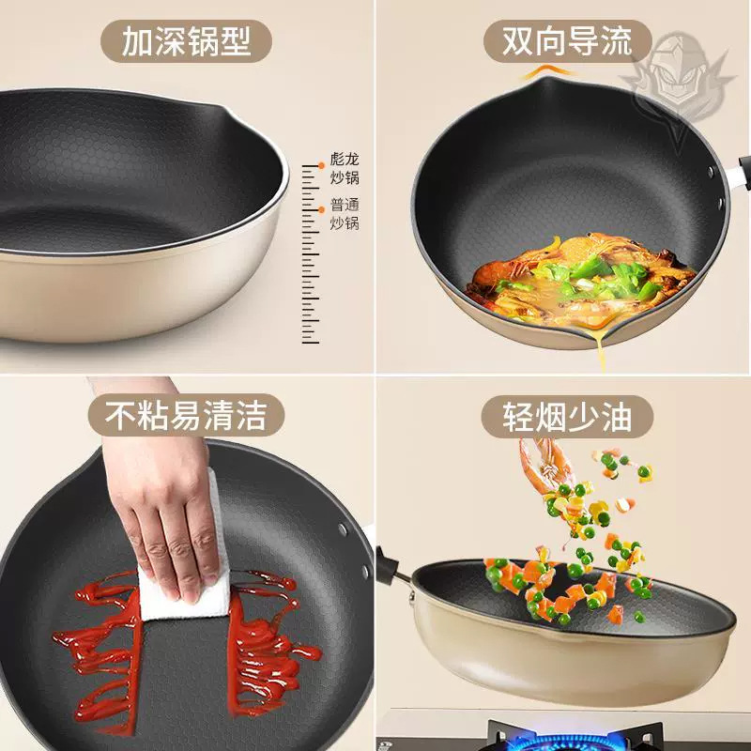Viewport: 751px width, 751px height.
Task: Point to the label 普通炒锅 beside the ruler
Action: pos(345,213)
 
